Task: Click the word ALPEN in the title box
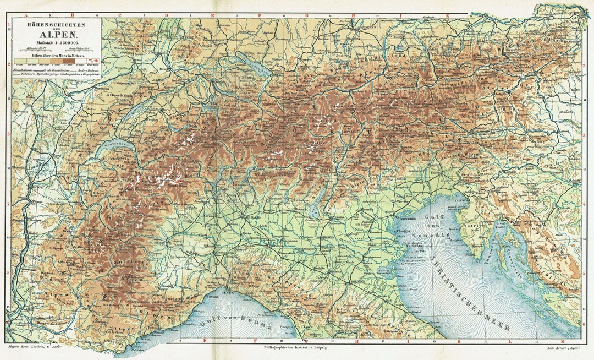click(57, 32)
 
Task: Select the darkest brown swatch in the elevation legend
click(95, 61)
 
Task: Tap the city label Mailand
click(252, 218)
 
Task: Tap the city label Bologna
click(357, 283)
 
